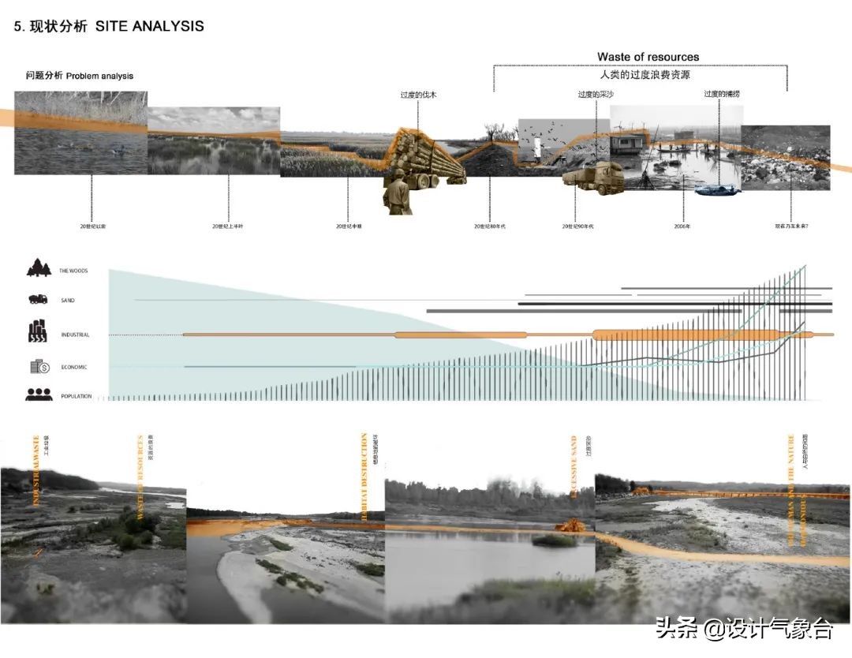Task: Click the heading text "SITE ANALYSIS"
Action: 150,26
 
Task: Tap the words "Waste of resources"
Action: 648,57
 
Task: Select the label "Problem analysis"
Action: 99,77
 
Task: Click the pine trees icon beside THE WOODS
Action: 38,268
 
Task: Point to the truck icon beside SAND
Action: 38,300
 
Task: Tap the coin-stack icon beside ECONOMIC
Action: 40,366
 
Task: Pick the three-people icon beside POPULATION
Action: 39,394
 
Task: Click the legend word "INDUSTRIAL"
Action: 75,335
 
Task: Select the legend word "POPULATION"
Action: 77,396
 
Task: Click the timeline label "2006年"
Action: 682,226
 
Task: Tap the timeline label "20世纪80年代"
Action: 489,226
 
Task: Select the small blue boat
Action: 716,189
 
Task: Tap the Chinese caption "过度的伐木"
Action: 418,95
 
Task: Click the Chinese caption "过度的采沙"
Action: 595,95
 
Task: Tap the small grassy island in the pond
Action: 554,540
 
